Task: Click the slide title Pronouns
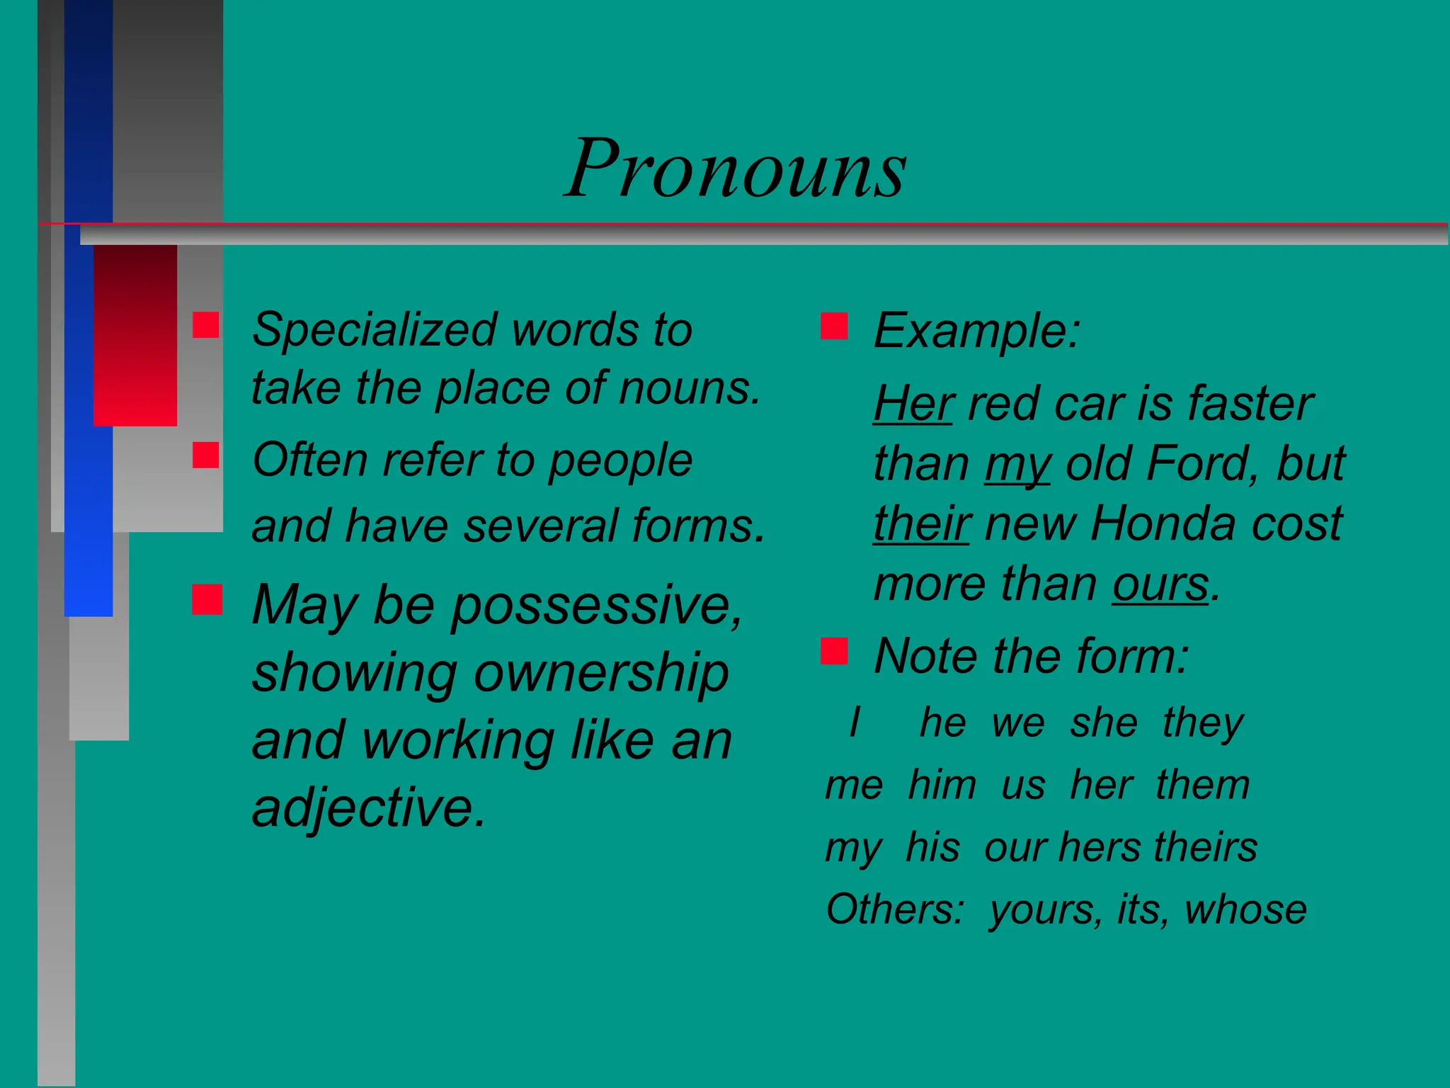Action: pos(736,169)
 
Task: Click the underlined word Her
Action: pos(914,404)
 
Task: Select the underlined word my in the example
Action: pos(1017,465)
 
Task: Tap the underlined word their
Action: pos(921,524)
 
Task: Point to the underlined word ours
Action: pos(1160,584)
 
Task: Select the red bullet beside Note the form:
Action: pos(834,651)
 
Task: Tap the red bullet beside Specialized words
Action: pos(206,325)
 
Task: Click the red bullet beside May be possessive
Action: pos(207,599)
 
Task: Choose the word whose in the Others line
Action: pos(1245,909)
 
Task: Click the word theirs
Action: pos(1206,847)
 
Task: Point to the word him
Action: pos(942,786)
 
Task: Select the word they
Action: pos(1203,723)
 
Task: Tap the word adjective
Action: pos(369,808)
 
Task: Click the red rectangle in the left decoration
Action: pos(135,335)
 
